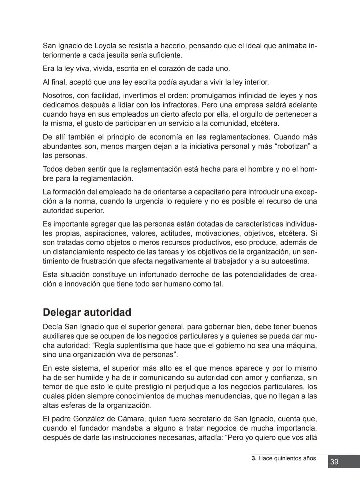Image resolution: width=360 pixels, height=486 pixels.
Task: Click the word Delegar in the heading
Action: [x=62, y=312]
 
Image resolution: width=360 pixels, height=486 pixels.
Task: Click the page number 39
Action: [x=334, y=462]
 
